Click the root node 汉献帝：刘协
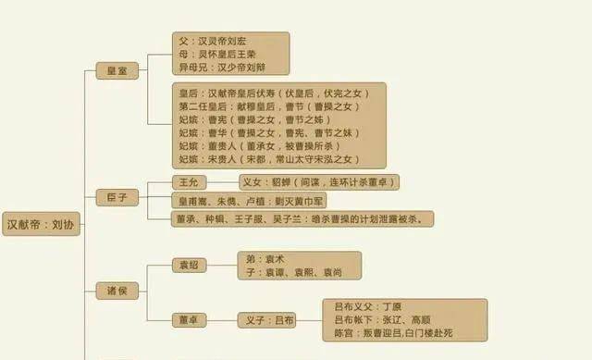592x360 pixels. pos(41,225)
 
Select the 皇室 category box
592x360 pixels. pos(118,72)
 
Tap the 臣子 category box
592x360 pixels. pos(118,196)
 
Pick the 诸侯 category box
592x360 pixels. pos(118,291)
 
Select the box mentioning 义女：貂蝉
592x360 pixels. pos(318,182)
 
